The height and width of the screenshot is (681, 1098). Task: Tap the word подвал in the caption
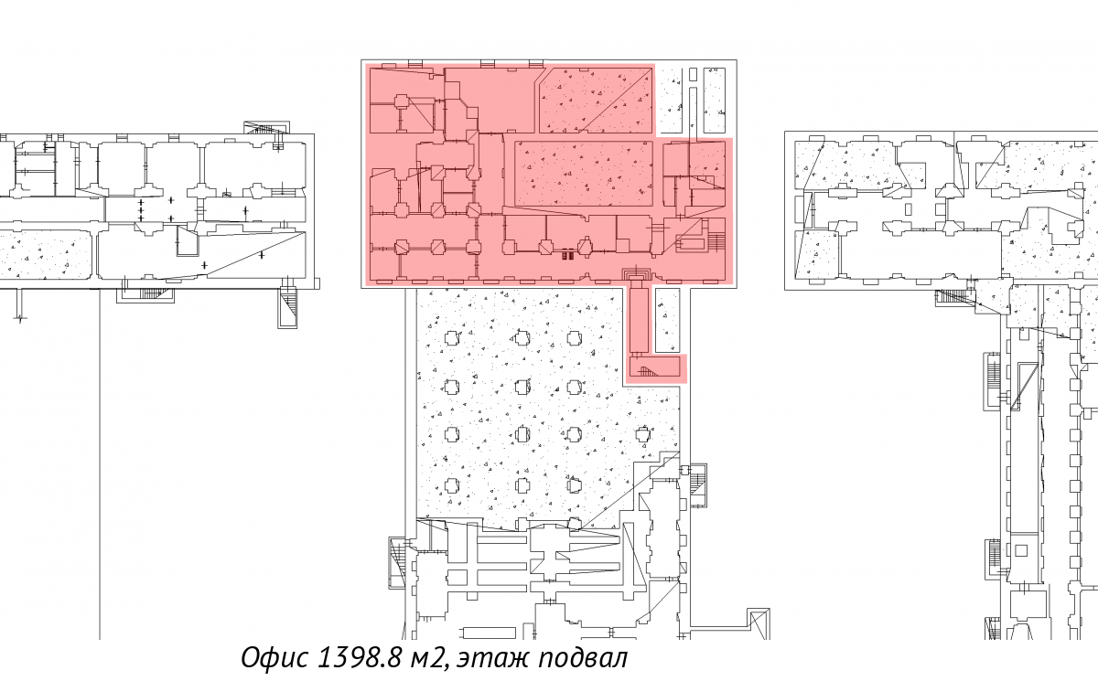[x=583, y=658]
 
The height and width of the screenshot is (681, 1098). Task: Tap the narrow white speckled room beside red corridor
[x=668, y=320]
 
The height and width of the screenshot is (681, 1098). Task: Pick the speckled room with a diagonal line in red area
[x=596, y=101]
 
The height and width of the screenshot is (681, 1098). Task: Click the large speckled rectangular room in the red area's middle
[x=584, y=174]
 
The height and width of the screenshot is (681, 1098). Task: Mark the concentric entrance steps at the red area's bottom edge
[x=637, y=273]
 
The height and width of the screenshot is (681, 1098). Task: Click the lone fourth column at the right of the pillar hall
[x=643, y=434]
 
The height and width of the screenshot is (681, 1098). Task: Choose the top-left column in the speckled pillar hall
[x=451, y=338]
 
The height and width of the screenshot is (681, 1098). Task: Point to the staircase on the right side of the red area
[x=717, y=242]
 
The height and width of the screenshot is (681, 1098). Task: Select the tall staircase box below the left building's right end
[x=287, y=308]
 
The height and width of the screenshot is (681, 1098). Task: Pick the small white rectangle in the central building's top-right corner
[x=694, y=74]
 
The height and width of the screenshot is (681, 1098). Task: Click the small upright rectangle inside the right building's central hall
[x=909, y=209]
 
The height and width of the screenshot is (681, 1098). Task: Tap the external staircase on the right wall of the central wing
[x=699, y=484]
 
